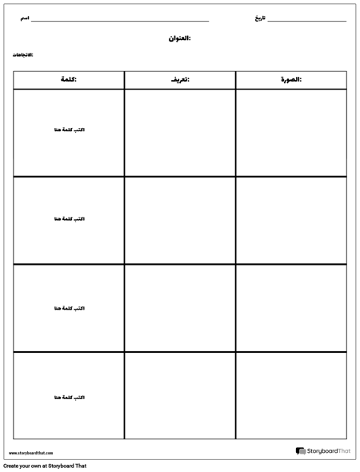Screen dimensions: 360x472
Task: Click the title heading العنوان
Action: coord(180,38)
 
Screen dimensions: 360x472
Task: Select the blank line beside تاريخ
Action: coord(307,20)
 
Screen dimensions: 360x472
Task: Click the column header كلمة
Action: coord(68,80)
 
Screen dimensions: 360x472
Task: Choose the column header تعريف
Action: coord(180,80)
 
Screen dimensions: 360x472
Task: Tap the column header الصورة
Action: coord(291,80)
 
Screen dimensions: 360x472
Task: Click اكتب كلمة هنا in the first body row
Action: coord(68,130)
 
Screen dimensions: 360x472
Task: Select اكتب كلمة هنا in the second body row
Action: coord(68,218)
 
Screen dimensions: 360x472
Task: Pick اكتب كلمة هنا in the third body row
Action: coord(68,307)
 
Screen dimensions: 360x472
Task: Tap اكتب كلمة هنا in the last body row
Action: coord(68,397)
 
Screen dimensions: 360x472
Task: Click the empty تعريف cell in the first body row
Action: coord(180,132)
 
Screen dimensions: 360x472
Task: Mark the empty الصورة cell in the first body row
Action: coord(291,132)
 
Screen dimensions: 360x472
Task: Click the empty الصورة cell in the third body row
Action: coord(291,308)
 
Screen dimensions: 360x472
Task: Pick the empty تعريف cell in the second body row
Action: coord(180,220)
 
